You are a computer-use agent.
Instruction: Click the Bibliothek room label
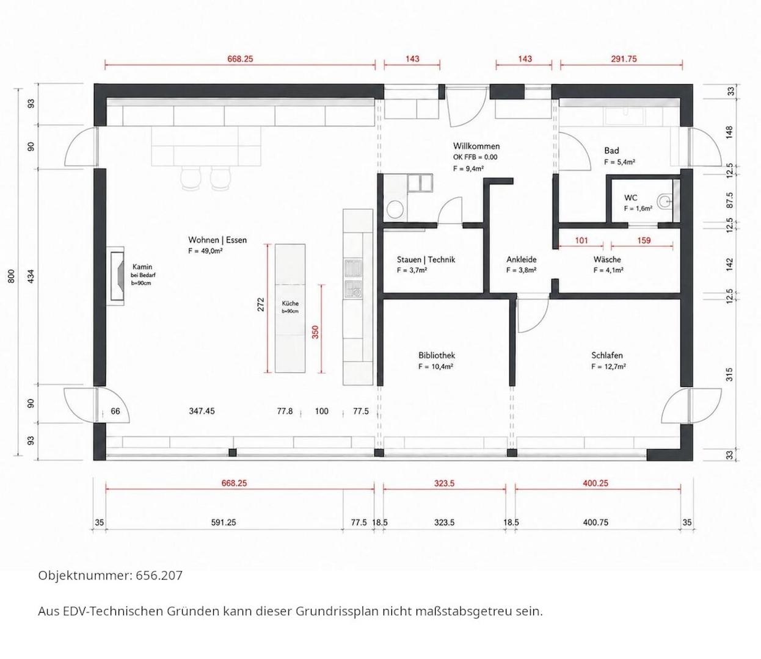click(436, 355)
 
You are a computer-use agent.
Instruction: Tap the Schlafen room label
click(606, 355)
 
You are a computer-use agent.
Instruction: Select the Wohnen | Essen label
click(217, 240)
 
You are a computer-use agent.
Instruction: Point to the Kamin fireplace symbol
click(115, 276)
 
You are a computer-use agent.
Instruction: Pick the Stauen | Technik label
click(426, 259)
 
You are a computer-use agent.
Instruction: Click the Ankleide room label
click(522, 259)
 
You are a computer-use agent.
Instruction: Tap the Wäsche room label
click(607, 259)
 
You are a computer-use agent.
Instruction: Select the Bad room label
click(611, 150)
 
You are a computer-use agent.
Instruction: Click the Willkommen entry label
click(476, 146)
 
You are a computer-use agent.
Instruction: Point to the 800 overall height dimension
click(12, 276)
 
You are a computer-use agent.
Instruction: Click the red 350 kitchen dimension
click(315, 332)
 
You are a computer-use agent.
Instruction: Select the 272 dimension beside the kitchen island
click(261, 304)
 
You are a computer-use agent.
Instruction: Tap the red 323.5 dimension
click(445, 483)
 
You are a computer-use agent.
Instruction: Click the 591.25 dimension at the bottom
click(224, 522)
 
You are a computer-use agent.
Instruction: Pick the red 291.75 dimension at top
click(624, 59)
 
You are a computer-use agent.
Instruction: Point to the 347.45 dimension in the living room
click(202, 411)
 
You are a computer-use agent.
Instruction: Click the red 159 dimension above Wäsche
click(644, 240)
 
